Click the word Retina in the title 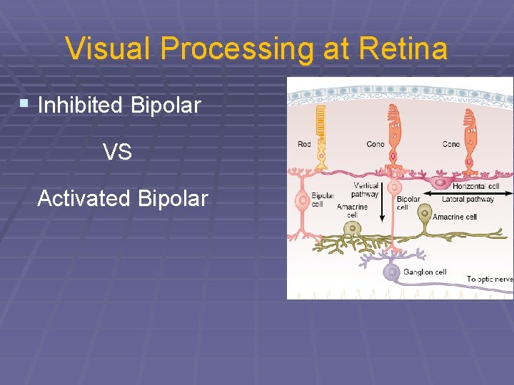point(404,49)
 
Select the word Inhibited point(80,106)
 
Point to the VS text point(117,152)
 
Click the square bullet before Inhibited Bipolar point(24,104)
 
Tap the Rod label point(304,145)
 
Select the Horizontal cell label point(475,187)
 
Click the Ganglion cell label point(424,272)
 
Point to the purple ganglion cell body point(390,272)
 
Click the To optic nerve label point(490,279)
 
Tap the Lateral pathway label point(468,200)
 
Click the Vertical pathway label point(366,190)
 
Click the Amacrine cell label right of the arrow point(455,217)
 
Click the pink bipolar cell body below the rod point(303,200)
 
